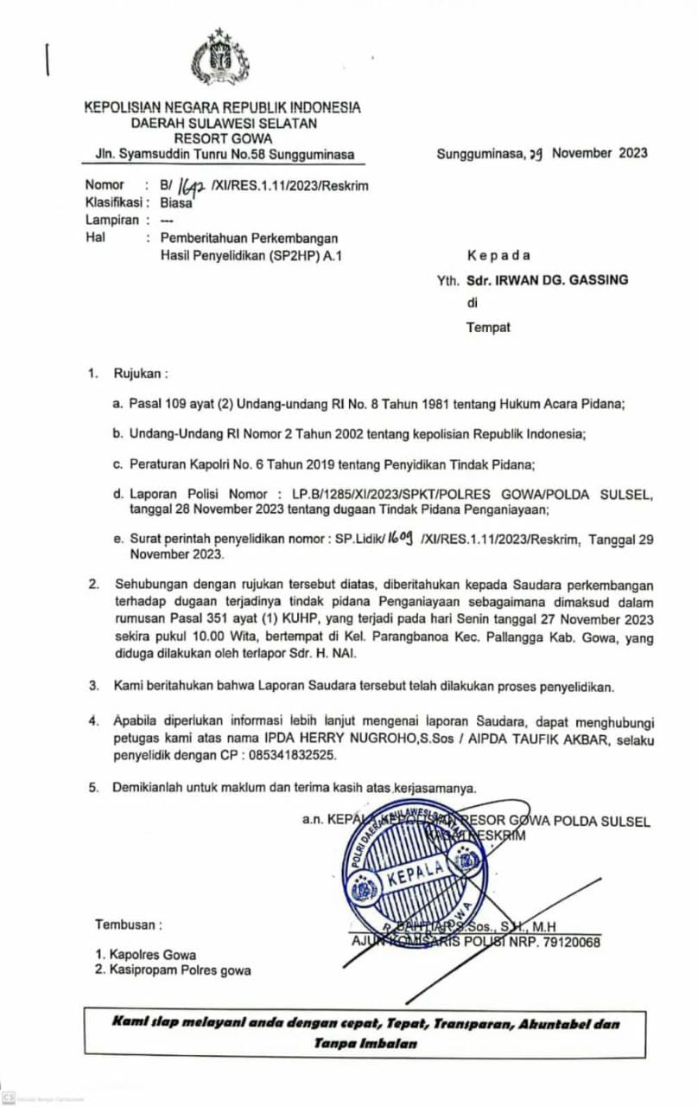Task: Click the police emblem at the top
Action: [219, 58]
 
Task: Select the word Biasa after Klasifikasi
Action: [176, 204]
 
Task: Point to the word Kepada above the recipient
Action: [498, 255]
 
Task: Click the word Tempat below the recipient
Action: [488, 327]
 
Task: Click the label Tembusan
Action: [128, 925]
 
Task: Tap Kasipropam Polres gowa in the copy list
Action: [180, 970]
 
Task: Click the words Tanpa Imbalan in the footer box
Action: [366, 1043]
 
